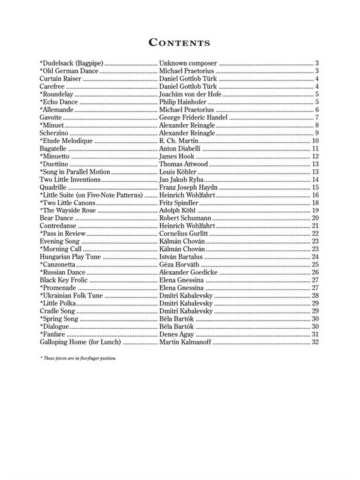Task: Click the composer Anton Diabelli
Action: [x=183, y=148]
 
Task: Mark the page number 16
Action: [x=315, y=196]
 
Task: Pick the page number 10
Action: [x=315, y=140]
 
